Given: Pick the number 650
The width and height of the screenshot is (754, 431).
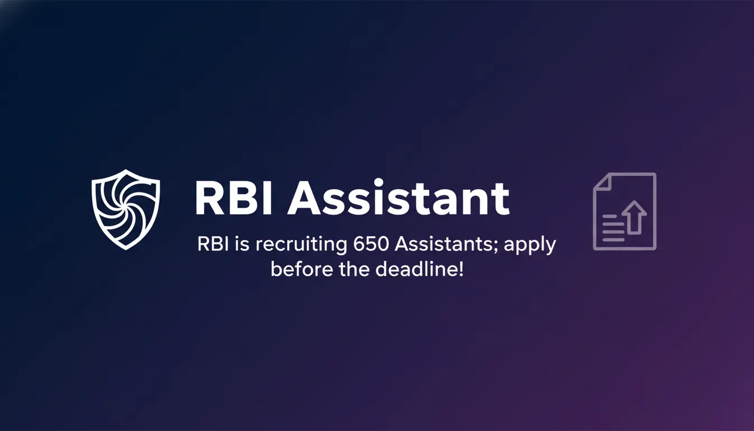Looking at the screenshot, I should click(372, 246).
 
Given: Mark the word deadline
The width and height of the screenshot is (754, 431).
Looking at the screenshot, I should click(416, 269).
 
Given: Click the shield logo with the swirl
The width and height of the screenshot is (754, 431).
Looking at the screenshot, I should click(126, 209).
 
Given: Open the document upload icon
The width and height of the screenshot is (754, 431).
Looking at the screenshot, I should click(624, 211).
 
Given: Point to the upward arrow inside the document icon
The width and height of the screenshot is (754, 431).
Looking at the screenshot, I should click(635, 217).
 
